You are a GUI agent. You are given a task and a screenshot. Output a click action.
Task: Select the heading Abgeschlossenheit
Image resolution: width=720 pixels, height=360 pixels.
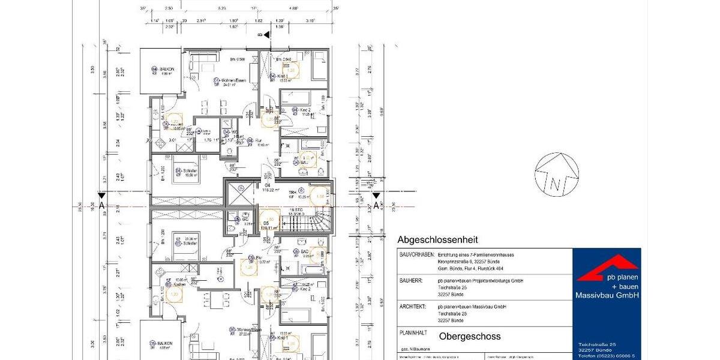pos(438,240)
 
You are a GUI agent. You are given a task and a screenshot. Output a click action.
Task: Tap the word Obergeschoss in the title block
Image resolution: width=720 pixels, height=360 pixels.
pos(470,336)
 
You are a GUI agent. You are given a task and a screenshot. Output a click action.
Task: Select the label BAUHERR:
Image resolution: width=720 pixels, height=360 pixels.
pos(412,280)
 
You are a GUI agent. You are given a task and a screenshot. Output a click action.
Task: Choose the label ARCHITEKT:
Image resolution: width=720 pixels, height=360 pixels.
pos(415,306)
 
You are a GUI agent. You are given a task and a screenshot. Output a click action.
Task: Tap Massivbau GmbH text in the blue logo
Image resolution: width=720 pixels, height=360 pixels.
pos(607,295)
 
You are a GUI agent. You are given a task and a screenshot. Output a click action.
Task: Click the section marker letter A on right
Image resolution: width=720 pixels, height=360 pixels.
pos(376,206)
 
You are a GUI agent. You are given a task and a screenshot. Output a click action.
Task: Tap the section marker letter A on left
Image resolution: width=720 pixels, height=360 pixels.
pos(102,206)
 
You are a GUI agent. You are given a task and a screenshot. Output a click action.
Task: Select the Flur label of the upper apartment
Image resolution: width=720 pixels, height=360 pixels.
pos(259,140)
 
